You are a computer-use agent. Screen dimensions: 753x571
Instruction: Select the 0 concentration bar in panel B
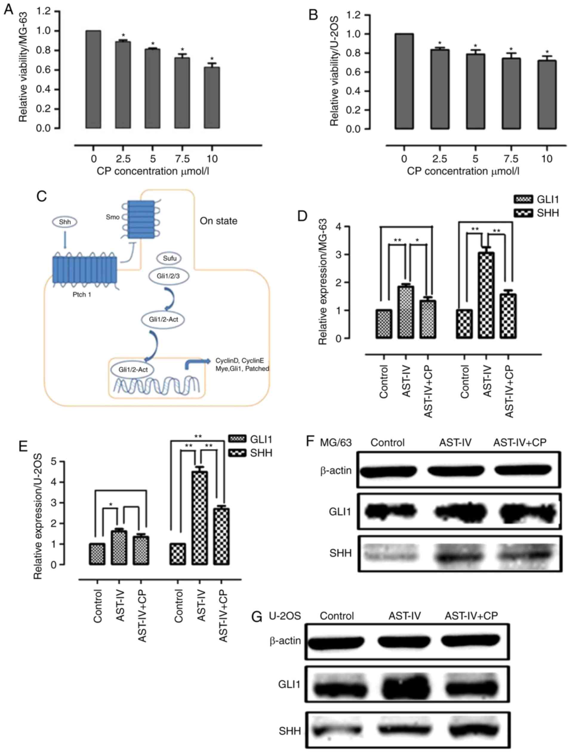404,81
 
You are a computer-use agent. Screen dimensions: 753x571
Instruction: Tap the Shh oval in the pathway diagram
65,222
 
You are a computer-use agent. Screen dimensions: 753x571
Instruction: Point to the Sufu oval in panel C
170,258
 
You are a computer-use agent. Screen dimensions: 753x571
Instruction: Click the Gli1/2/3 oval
168,276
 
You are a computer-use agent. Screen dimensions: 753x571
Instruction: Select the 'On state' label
218,221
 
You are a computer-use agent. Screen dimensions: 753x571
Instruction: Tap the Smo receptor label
113,217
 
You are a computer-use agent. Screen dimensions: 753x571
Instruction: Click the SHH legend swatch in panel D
523,214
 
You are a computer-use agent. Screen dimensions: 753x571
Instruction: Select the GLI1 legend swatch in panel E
238,440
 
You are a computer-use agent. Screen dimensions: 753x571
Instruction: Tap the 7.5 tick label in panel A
182,159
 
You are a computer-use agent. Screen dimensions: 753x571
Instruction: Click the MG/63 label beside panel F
335,443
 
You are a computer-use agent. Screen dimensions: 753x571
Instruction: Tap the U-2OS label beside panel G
285,616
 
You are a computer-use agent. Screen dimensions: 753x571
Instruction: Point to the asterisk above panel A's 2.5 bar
123,36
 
